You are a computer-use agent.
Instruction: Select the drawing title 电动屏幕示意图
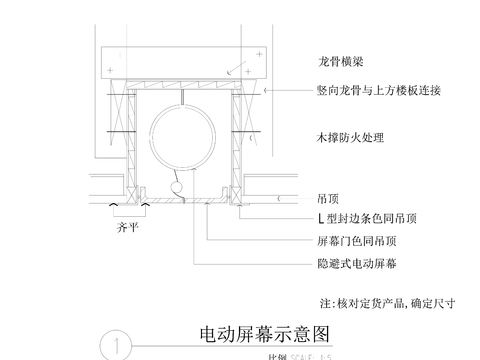click(x=265, y=331)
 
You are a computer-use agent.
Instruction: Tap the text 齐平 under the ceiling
click(x=120, y=226)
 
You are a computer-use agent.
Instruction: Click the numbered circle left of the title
click(x=117, y=345)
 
